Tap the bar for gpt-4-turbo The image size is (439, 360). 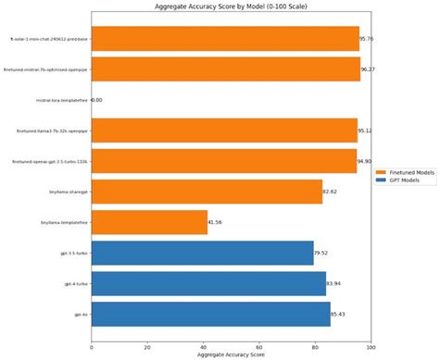(208, 283)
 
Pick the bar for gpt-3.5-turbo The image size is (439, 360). (202, 253)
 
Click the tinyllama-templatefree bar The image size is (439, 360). (149, 222)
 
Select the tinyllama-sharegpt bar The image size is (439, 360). (207, 192)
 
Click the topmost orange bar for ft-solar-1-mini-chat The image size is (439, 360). (225, 38)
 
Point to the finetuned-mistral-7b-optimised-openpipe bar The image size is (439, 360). (226, 68)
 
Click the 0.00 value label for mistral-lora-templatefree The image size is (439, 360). (96, 100)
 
